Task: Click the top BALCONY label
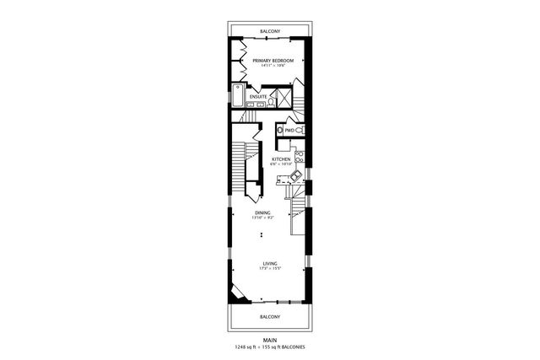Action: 270,30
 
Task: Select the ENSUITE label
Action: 259,96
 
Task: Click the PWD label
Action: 289,131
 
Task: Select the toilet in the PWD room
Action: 300,131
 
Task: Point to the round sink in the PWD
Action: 279,131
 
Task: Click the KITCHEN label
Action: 281,159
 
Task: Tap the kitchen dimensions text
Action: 281,164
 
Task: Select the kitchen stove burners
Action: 300,156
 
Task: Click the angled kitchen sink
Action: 294,176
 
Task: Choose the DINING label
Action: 262,213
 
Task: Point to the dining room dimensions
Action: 262,218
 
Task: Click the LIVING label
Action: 270,263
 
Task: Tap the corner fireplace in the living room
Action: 240,293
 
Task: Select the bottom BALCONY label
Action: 270,316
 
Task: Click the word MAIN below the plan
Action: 270,340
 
